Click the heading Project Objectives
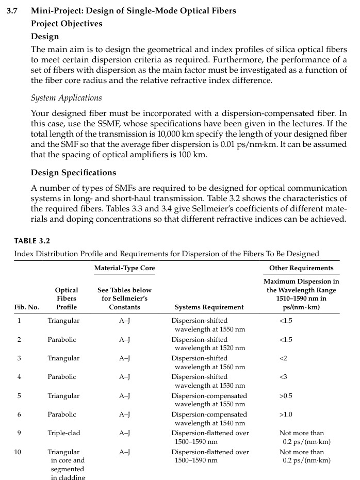(67, 24)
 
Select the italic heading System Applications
(66, 98)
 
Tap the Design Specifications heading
(73, 173)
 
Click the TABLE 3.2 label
(32, 241)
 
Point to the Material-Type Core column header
(124, 268)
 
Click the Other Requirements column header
(301, 268)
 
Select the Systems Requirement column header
(209, 307)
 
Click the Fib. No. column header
(26, 307)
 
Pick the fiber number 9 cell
(19, 433)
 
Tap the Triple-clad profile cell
(64, 433)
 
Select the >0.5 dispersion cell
(287, 396)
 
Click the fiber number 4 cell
(19, 377)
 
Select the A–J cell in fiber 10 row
(124, 452)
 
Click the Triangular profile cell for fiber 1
(63, 321)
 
